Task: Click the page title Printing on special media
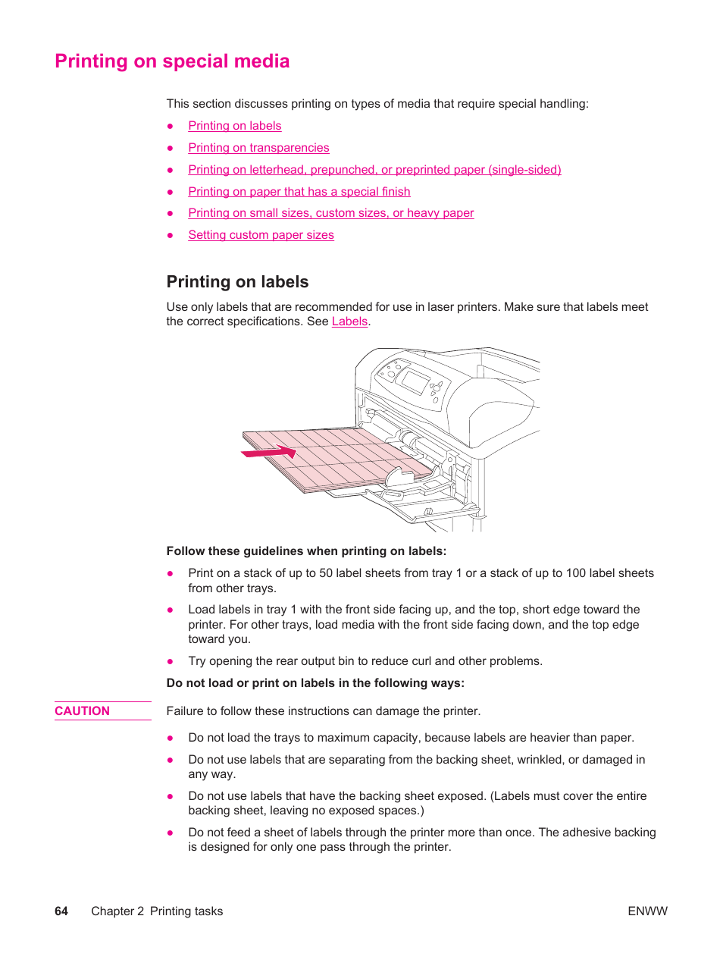172,61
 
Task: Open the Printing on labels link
235,126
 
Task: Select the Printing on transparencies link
258,148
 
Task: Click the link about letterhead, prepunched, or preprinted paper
374,170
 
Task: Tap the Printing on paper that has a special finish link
299,192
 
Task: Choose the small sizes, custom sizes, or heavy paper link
331,213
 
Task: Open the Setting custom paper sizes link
261,235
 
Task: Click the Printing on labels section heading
237,282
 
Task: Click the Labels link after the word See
349,322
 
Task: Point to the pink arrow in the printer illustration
269,453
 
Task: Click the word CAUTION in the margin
82,711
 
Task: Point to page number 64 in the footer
61,911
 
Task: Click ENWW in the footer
647,911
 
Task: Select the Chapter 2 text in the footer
117,911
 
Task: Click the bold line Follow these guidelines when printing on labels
306,551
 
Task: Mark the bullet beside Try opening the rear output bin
171,661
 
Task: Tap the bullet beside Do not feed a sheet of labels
171,833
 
